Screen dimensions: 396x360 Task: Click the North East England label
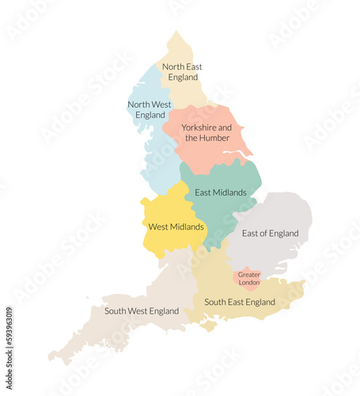182,72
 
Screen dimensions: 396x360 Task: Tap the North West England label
150,109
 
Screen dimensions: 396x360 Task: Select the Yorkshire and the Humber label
207,132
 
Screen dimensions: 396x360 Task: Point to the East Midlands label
221,192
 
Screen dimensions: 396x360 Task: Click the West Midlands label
176,227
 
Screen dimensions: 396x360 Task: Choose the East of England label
270,234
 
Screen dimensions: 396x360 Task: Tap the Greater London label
248,278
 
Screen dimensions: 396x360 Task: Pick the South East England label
240,302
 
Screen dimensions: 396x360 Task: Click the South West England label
142,311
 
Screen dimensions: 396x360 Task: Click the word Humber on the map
214,138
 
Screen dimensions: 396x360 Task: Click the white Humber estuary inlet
235,154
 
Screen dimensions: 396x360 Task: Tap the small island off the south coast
210,325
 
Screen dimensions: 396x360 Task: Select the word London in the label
248,283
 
